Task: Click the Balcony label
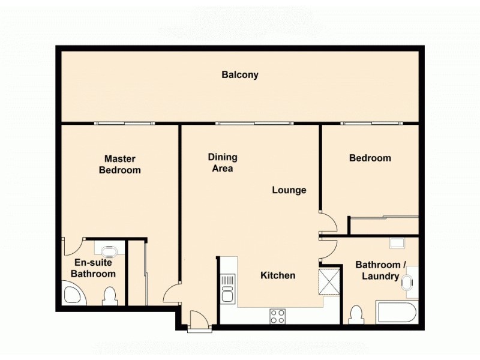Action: pos(240,75)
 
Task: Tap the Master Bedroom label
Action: pos(120,164)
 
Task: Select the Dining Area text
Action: pos(223,163)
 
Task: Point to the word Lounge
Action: pos(289,190)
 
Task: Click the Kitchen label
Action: pos(278,275)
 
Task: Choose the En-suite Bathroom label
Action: pos(93,268)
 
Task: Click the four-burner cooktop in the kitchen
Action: pos(277,316)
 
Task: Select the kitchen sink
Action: pos(227,288)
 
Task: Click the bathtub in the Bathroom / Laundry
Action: pos(396,313)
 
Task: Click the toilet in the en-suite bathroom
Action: pos(109,296)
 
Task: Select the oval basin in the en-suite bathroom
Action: pos(109,249)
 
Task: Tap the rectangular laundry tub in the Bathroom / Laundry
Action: pos(397,243)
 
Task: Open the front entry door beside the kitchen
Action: pos(199,320)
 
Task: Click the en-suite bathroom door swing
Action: pos(71,245)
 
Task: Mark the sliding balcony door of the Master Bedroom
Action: pos(124,123)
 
